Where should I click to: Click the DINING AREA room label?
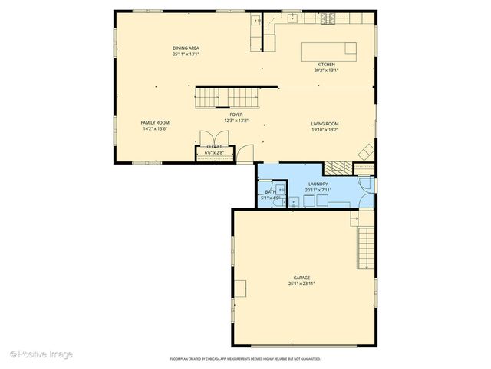click(x=186, y=48)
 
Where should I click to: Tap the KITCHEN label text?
click(x=325, y=65)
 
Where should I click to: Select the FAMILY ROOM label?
click(x=155, y=123)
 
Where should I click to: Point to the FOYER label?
click(x=236, y=115)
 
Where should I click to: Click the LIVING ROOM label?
click(x=325, y=124)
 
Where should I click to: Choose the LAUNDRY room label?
click(x=318, y=184)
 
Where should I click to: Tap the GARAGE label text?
click(x=302, y=278)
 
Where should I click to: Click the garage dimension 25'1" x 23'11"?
click(x=302, y=284)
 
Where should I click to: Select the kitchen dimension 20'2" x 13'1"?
click(x=325, y=71)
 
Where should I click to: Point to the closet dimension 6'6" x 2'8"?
click(x=214, y=152)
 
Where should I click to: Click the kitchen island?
click(x=328, y=50)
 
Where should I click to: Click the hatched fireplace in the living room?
click(x=334, y=167)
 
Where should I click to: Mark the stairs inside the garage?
click(x=367, y=248)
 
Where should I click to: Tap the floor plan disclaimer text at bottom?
click(x=245, y=358)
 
